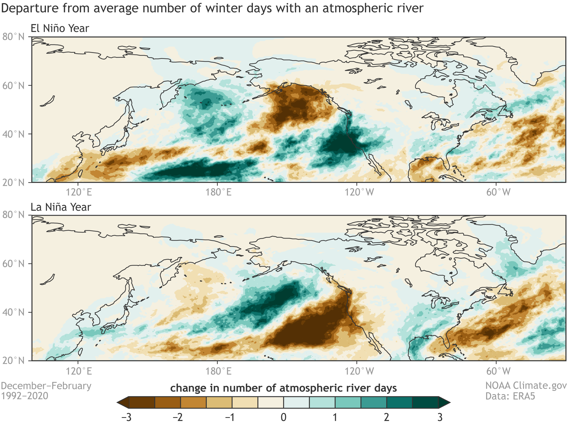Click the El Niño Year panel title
pos(60,28)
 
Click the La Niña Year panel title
pos(61,207)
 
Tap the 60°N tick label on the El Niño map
pos(14,85)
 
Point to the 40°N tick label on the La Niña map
pos(14,312)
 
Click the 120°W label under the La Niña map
pos(359,371)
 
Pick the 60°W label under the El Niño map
pos(498,192)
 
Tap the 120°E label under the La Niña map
pos(79,371)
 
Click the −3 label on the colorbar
pos(126,417)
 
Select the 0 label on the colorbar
pos(283,417)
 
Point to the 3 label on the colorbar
pos(440,417)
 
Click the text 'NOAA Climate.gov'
pos(526,386)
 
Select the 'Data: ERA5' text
pos(510,396)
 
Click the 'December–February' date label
pos(46,386)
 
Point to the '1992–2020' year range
pos(25,396)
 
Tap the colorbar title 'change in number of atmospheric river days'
pos(283,388)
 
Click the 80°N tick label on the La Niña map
pos(14,215)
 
